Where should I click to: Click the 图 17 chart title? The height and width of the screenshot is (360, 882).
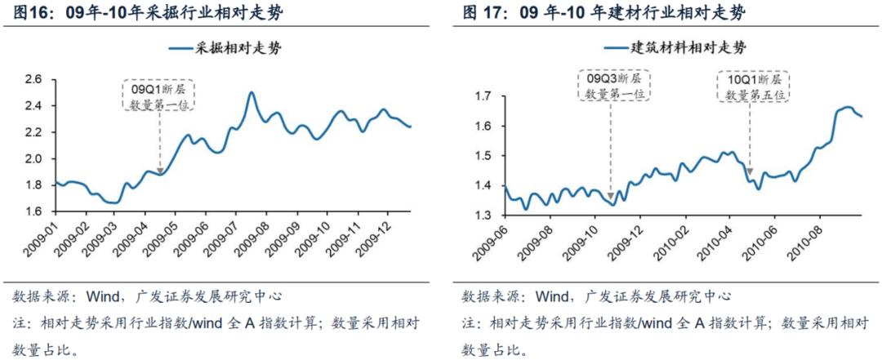(604, 14)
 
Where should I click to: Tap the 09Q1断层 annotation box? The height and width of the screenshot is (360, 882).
(159, 95)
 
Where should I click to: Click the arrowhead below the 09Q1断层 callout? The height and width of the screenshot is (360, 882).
(160, 169)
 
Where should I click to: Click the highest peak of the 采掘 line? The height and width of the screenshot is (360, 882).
(251, 93)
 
